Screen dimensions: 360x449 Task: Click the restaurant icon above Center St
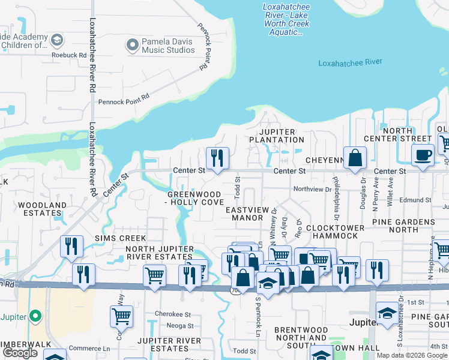[216, 157]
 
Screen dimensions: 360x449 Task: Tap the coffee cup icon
[422, 154]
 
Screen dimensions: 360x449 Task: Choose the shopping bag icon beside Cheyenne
[355, 158]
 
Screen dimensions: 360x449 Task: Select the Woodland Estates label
[42, 209]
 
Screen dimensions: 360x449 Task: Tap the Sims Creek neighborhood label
[120, 238]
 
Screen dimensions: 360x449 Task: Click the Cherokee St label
[172, 314]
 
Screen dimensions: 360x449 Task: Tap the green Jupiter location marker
[35, 315]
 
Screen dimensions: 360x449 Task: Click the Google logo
[20, 353]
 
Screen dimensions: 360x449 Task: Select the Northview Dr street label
[312, 189]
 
